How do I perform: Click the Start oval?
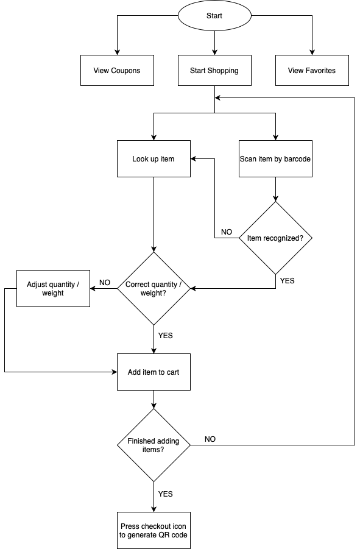click(214, 16)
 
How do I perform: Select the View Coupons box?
click(117, 71)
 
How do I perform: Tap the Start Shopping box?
click(214, 71)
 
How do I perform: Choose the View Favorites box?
click(312, 71)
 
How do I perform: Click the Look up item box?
click(154, 159)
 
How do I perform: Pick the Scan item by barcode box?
click(275, 159)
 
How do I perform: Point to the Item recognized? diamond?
click(275, 238)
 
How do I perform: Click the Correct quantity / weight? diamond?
click(154, 289)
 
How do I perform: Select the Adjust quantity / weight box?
click(53, 289)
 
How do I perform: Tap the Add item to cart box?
click(154, 372)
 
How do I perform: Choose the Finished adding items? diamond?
click(154, 445)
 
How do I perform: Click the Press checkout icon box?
click(154, 531)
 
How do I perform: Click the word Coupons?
click(125, 71)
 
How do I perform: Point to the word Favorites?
click(320, 71)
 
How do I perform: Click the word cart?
click(172, 372)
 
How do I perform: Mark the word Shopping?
click(223, 71)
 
